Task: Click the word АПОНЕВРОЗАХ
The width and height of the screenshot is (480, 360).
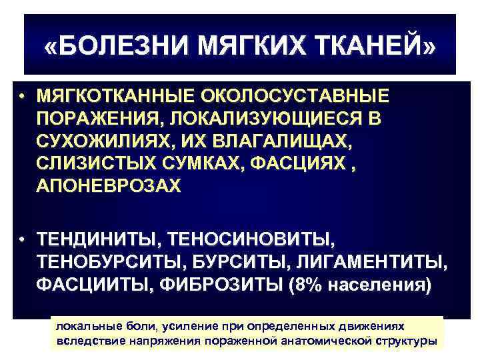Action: point(109,186)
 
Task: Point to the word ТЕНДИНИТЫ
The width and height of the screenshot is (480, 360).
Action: point(98,239)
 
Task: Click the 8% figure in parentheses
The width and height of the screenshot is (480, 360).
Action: point(307,285)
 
